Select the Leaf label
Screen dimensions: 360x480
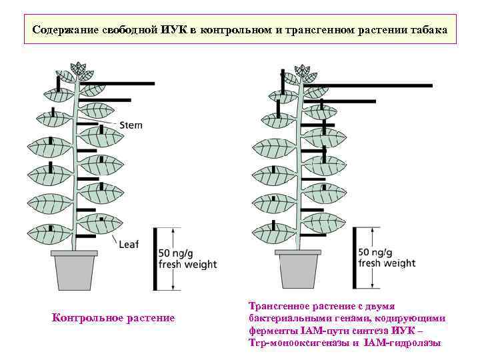pos(128,244)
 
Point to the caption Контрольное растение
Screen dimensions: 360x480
pos(113,318)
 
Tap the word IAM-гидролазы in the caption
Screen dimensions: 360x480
pos(403,343)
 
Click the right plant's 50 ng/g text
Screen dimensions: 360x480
pos(378,253)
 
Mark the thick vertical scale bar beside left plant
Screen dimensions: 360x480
pos(155,259)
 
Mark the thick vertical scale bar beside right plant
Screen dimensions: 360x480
pos(355,259)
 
